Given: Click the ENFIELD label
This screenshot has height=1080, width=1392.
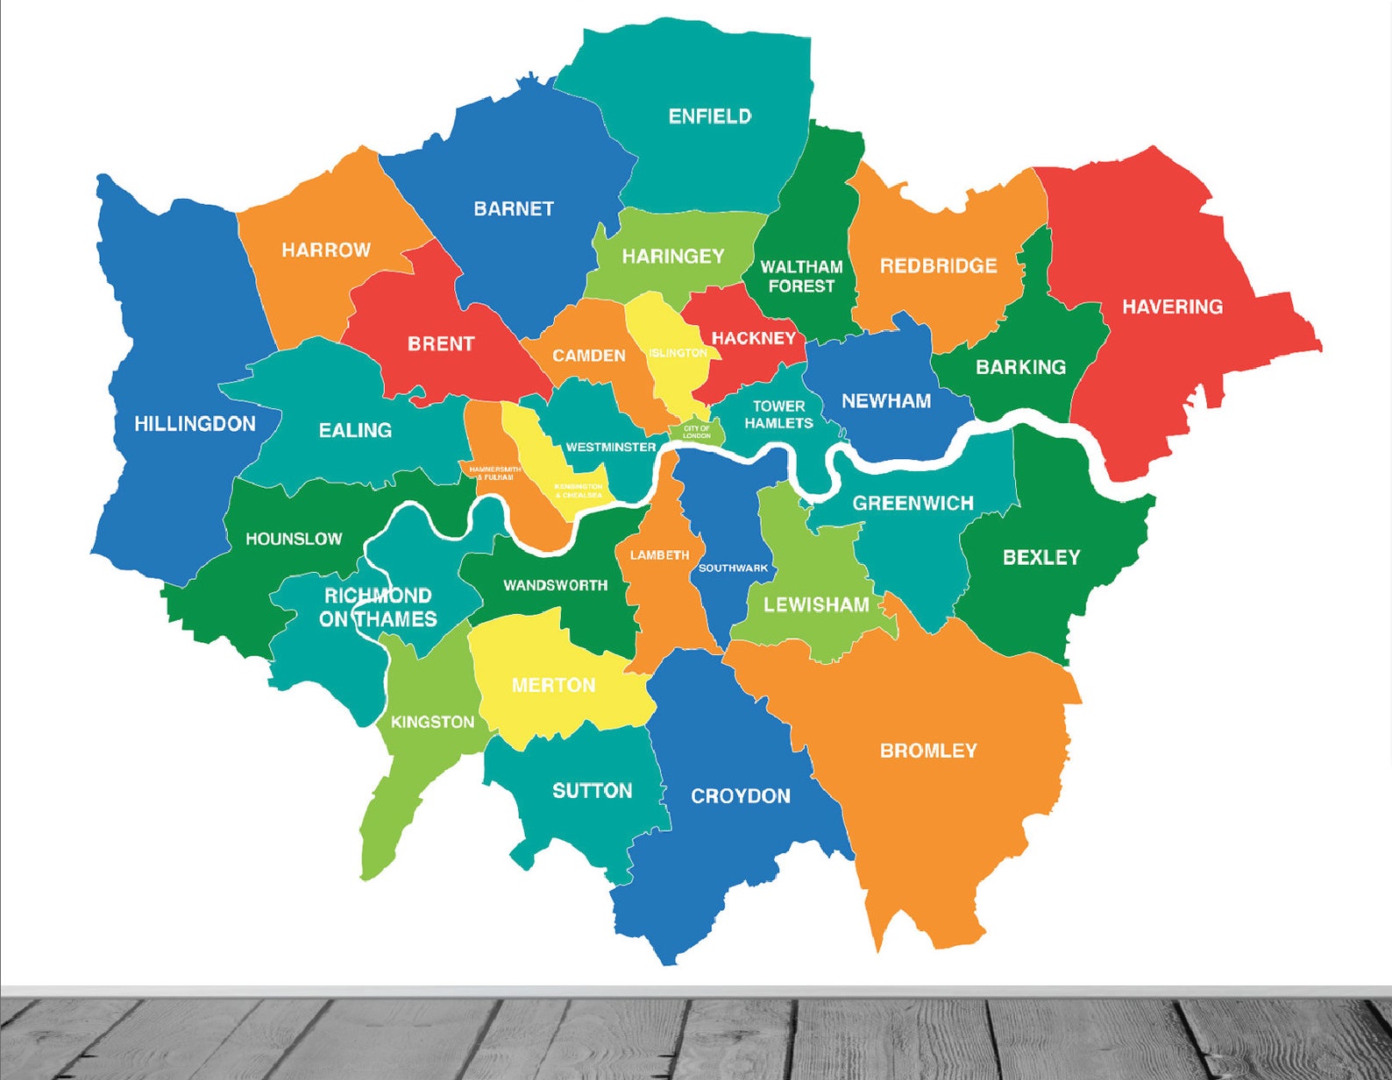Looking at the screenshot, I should (709, 116).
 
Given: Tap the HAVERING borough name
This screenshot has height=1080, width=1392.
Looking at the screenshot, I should (1172, 307).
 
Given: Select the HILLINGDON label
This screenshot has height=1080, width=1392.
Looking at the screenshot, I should (195, 424).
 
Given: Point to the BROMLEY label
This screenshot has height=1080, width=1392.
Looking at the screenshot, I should (927, 751).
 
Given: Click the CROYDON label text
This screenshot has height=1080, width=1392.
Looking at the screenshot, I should (740, 796).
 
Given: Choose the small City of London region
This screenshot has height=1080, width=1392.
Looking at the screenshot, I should (697, 432).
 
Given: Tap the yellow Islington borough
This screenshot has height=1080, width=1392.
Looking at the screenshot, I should (678, 353).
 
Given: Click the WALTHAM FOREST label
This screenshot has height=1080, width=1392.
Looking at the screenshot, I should (800, 276).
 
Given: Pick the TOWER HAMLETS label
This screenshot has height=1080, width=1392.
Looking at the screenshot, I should (778, 414).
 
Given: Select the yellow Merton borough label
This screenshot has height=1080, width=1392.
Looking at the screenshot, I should (553, 685).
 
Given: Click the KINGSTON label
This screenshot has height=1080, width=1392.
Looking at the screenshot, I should (432, 722).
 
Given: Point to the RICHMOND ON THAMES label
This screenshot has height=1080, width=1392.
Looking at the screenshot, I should (378, 607).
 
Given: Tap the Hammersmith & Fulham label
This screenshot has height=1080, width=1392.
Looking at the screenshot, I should (494, 473).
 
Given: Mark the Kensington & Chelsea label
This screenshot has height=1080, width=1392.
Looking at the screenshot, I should (578, 491).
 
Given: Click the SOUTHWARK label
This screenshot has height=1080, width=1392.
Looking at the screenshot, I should (733, 568).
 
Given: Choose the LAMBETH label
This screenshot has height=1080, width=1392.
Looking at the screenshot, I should (659, 554).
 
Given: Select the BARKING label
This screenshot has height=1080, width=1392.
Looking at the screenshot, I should (1020, 367).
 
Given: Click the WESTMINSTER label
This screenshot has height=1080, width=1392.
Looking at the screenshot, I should (610, 447).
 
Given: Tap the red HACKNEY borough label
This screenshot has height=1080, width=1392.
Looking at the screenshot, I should (753, 338).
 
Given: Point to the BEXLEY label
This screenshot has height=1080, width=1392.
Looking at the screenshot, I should (1040, 557).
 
